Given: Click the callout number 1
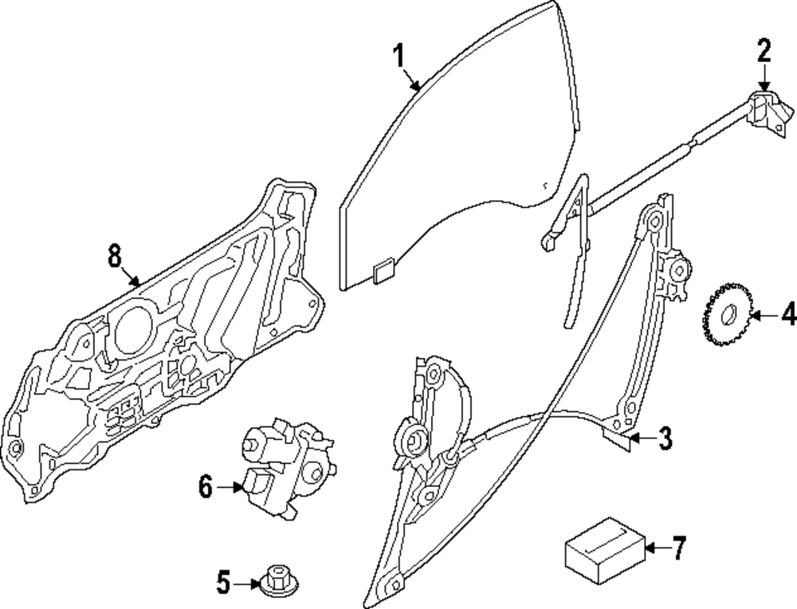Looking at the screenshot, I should (x=398, y=57).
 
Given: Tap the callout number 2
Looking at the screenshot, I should (x=764, y=53).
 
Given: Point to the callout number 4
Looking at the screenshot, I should (x=787, y=316).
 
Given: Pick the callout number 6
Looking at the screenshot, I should (x=206, y=485).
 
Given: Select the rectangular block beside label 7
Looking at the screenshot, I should (x=603, y=548).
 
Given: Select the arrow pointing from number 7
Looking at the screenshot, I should (x=655, y=548).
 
